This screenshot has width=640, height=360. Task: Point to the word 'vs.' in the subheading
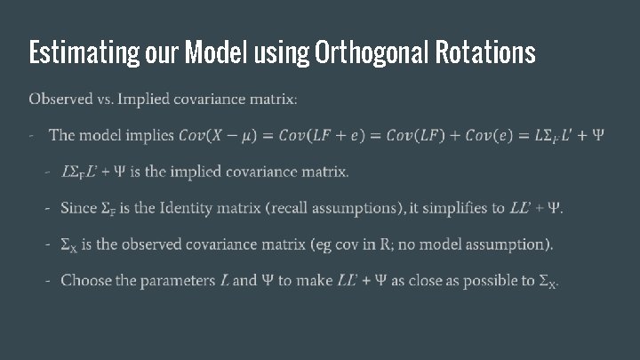109,99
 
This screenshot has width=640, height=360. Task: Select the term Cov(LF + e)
321,136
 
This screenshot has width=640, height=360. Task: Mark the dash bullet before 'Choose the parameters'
47,281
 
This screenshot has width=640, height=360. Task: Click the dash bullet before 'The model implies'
31,136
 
